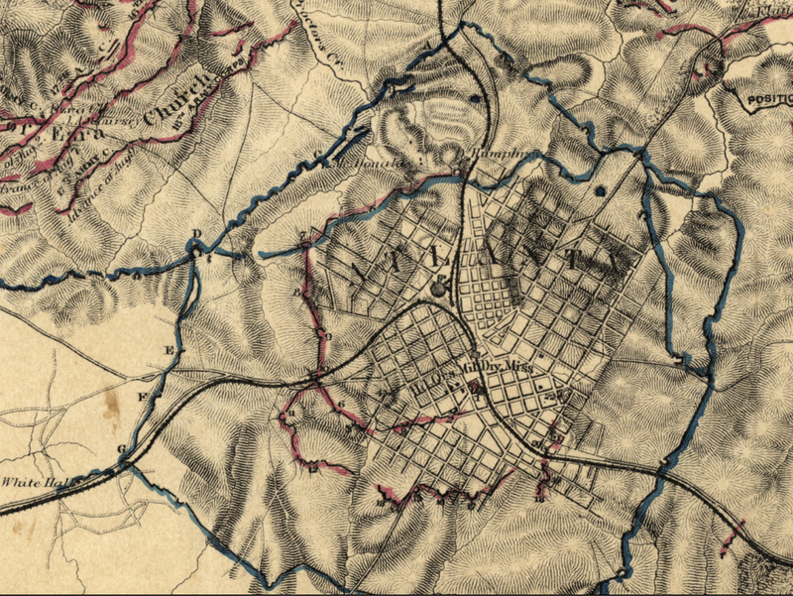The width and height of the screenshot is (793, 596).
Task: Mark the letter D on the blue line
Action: [x=196, y=235]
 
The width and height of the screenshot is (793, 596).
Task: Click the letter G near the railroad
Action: [x=122, y=449]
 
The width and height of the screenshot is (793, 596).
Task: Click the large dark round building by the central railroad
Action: [x=439, y=290]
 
